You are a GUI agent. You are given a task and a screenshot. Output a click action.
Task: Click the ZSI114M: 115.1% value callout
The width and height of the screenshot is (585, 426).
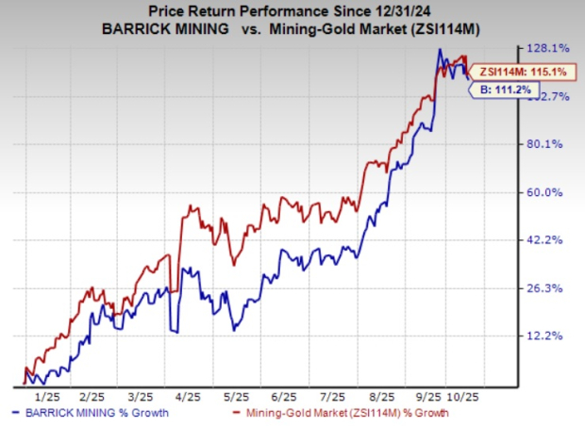tap(509, 72)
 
